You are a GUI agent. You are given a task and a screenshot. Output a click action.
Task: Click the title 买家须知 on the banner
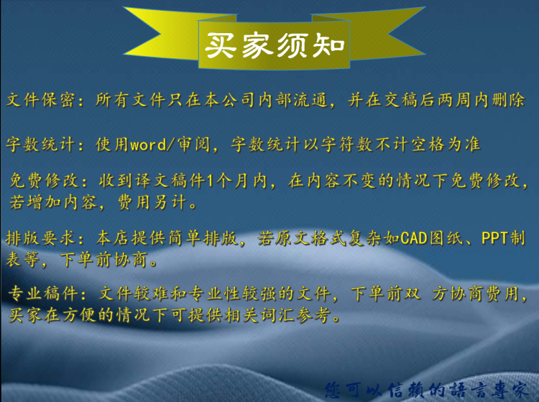tap(275, 45)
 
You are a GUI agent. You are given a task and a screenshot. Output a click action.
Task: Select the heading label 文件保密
tap(40, 100)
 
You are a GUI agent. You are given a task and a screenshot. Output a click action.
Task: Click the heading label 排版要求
tap(40, 237)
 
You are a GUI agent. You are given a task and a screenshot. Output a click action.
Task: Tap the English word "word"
tap(149, 145)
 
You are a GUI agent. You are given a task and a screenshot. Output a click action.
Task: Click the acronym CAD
tap(414, 238)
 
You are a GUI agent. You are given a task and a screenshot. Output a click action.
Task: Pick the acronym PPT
tap(495, 238)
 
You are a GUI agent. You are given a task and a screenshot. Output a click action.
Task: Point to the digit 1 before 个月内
tap(210, 181)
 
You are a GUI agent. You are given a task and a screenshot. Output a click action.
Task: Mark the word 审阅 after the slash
tap(193, 145)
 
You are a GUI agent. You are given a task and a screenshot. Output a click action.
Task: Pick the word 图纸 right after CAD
tap(446, 238)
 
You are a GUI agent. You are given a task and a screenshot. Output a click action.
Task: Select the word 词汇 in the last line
tap(277, 315)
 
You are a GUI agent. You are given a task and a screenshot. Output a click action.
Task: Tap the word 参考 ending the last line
tap(314, 315)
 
